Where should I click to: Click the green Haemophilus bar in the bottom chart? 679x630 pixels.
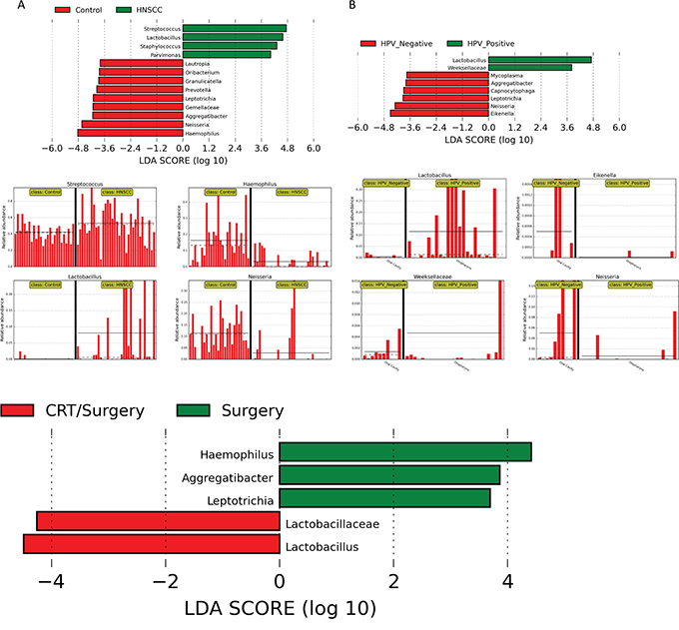point(404,452)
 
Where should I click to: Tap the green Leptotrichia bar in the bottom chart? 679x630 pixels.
point(384,498)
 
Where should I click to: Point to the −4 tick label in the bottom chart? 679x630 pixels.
point(49,582)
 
